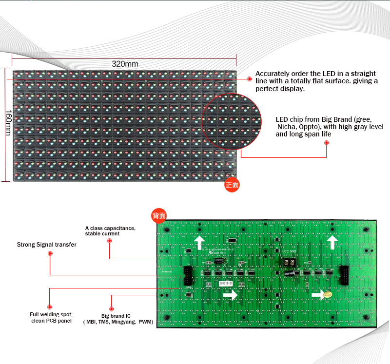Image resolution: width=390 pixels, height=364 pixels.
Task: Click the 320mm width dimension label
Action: tap(125, 64)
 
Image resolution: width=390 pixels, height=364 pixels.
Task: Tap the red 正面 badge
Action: tap(232, 185)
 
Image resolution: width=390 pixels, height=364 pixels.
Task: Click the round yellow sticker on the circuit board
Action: tap(328, 294)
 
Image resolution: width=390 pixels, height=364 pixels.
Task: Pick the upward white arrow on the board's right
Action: tap(332, 242)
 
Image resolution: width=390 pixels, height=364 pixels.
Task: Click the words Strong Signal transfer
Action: tap(47, 245)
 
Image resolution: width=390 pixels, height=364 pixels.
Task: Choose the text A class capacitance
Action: tap(110, 228)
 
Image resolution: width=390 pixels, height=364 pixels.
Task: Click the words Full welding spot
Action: tap(51, 315)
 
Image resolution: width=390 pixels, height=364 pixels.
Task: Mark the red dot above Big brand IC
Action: tap(112, 308)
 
